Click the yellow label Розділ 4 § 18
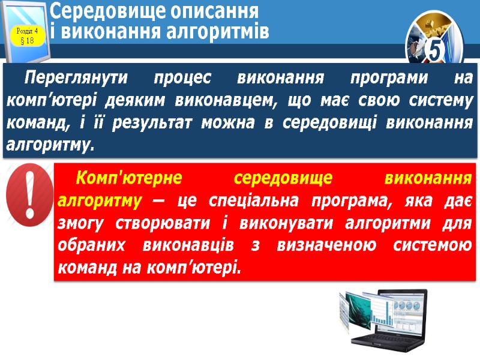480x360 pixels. tap(26, 35)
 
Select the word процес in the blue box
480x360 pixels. tap(184, 78)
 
